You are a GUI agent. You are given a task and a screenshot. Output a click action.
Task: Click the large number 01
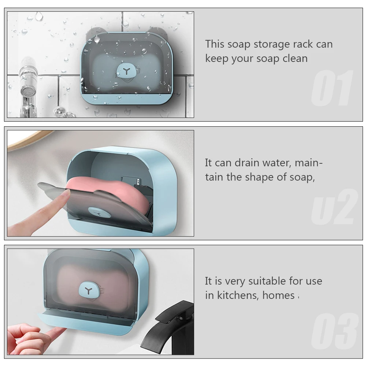(x=332, y=89)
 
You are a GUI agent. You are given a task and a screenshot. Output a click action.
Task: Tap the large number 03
(x=334, y=332)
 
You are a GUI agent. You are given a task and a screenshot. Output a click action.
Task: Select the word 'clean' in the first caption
(x=295, y=59)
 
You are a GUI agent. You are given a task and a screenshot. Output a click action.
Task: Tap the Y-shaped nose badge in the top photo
(x=126, y=71)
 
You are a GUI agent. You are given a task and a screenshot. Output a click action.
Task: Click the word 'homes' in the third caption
(x=278, y=295)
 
